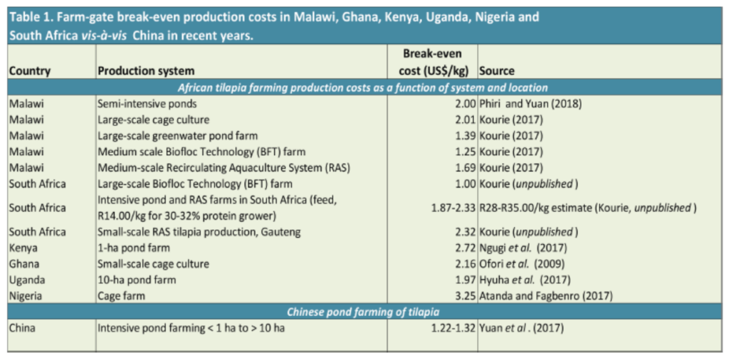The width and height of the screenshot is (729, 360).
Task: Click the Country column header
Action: point(30,72)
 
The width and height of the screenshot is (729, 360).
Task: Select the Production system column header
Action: point(146,72)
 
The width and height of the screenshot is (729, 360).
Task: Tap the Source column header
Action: point(496,72)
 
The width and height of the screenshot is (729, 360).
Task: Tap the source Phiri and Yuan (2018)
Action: point(530,105)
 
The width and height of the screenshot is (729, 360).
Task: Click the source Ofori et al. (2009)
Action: point(522,264)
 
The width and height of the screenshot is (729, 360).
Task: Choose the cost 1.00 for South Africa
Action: point(465,184)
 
